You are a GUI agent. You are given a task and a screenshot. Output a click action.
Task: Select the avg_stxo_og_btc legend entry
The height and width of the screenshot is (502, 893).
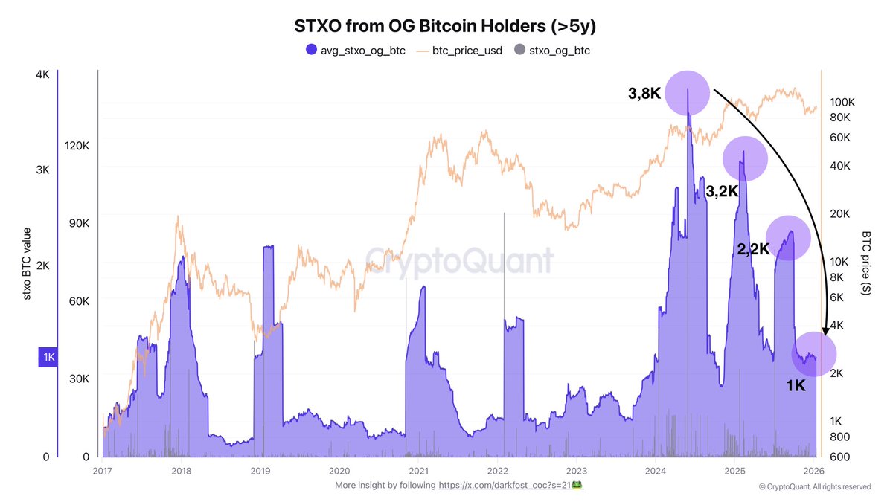(356, 51)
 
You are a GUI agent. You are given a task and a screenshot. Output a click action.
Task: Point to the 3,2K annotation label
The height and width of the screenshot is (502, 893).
(722, 191)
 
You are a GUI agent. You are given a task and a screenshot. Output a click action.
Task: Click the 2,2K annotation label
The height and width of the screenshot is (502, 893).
(753, 250)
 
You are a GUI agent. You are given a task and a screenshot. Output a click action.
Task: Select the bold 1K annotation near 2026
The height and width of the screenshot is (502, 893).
(796, 386)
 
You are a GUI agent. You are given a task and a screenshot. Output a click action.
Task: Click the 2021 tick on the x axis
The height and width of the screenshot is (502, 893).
(418, 471)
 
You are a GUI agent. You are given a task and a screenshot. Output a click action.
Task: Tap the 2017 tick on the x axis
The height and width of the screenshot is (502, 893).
(102, 471)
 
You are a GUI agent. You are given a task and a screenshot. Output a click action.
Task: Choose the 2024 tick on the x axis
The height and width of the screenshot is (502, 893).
(656, 471)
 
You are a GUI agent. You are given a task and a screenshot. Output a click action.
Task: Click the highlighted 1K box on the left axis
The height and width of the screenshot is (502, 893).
(48, 358)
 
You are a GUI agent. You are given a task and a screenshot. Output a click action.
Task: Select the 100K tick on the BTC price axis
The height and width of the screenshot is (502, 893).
(845, 102)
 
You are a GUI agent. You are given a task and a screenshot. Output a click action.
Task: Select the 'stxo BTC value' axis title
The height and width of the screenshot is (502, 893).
(27, 263)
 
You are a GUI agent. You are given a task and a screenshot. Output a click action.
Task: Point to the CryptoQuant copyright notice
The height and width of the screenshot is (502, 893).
(814, 487)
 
